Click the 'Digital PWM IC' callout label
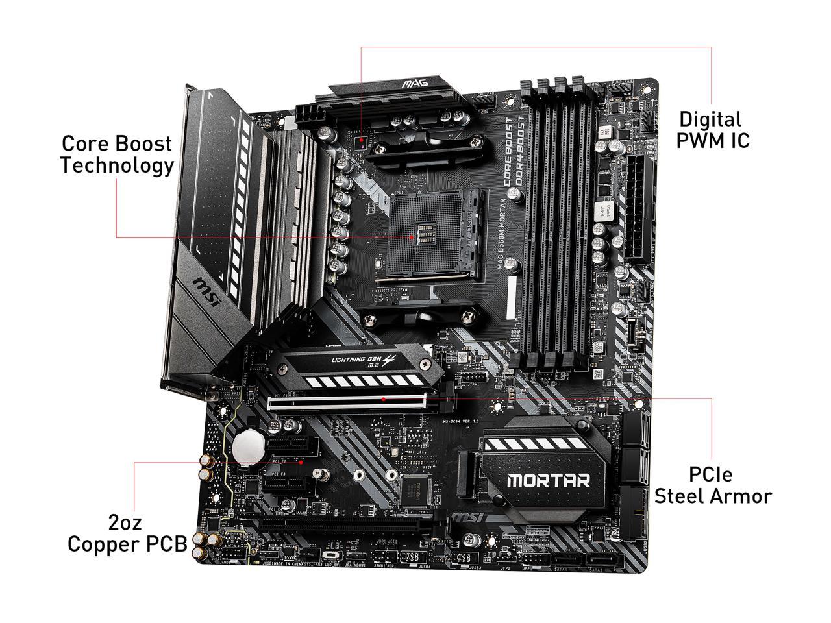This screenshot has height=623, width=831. pos(712,129)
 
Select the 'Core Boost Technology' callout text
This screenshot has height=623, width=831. pos(117,154)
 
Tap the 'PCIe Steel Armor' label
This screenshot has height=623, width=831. pos(712,485)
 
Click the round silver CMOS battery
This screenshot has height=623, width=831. pos(248,446)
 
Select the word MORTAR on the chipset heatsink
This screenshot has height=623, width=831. pos(548,481)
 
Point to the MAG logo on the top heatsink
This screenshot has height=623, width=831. pos(412,84)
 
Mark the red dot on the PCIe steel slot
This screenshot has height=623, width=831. pos(384,400)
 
